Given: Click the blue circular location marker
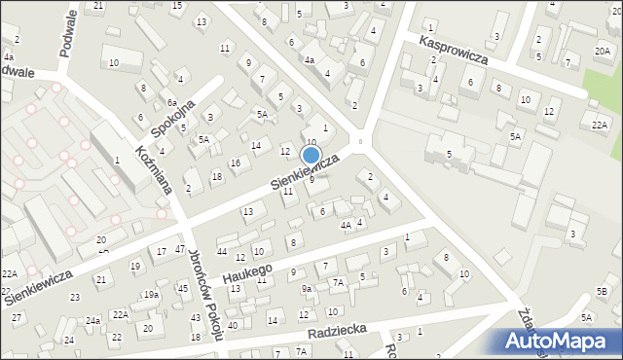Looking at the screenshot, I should click(x=311, y=155).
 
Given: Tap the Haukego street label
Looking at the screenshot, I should click(x=249, y=271).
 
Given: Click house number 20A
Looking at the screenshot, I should click(x=603, y=51).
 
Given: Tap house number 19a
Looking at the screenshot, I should click(x=151, y=294).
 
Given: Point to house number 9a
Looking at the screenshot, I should click(x=306, y=289).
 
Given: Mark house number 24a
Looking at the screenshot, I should click(x=92, y=320).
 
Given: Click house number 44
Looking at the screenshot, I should click(x=223, y=251).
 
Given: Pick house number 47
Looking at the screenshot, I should click(x=180, y=250).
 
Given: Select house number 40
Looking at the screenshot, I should click(x=232, y=325).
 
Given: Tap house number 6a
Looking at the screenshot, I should click(x=170, y=102).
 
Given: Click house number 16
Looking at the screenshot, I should click(x=235, y=162).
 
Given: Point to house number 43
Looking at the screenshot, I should click(x=195, y=318).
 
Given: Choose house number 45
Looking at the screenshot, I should click(x=183, y=288).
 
